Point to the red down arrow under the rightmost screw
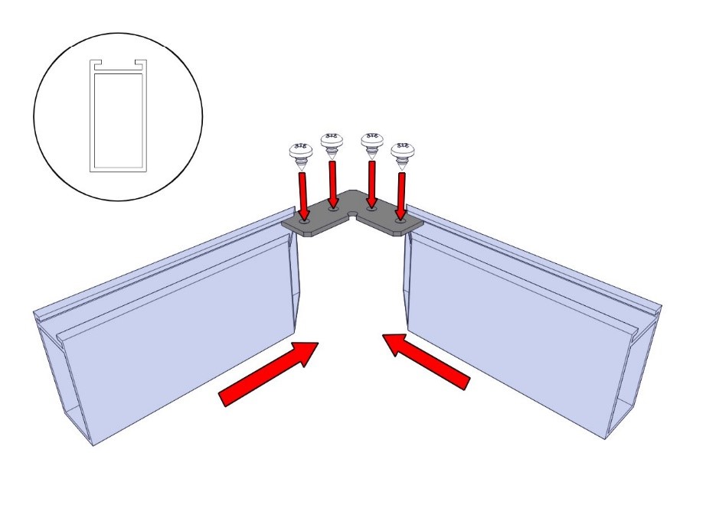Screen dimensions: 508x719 tap(400, 196)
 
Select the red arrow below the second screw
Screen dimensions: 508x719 tap(334, 183)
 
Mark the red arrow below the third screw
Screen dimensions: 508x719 tap(372, 183)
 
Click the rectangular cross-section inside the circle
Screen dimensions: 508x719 tap(118, 119)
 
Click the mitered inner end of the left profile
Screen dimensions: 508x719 tap(296, 283)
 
